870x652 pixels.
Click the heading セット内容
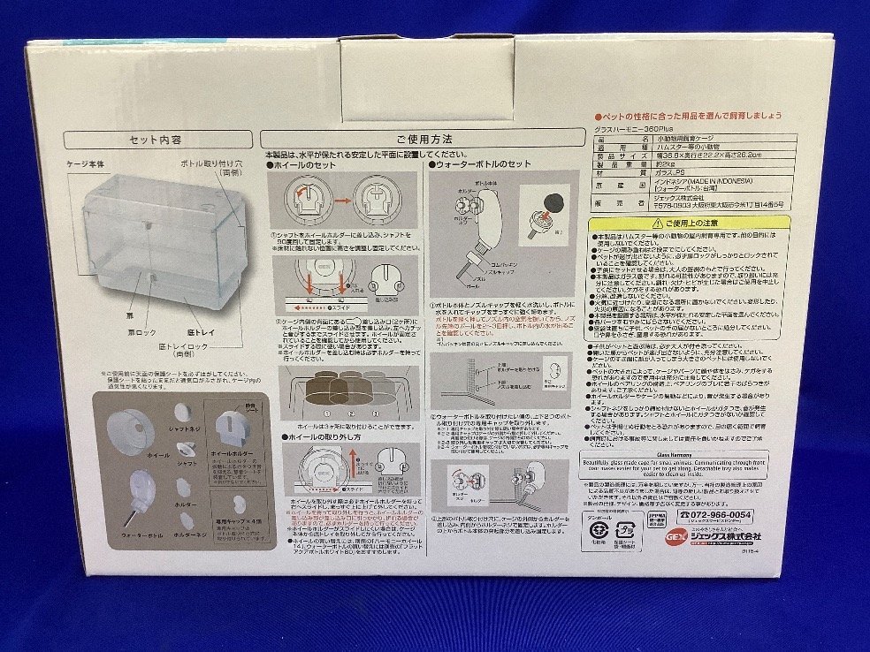[155, 139]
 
